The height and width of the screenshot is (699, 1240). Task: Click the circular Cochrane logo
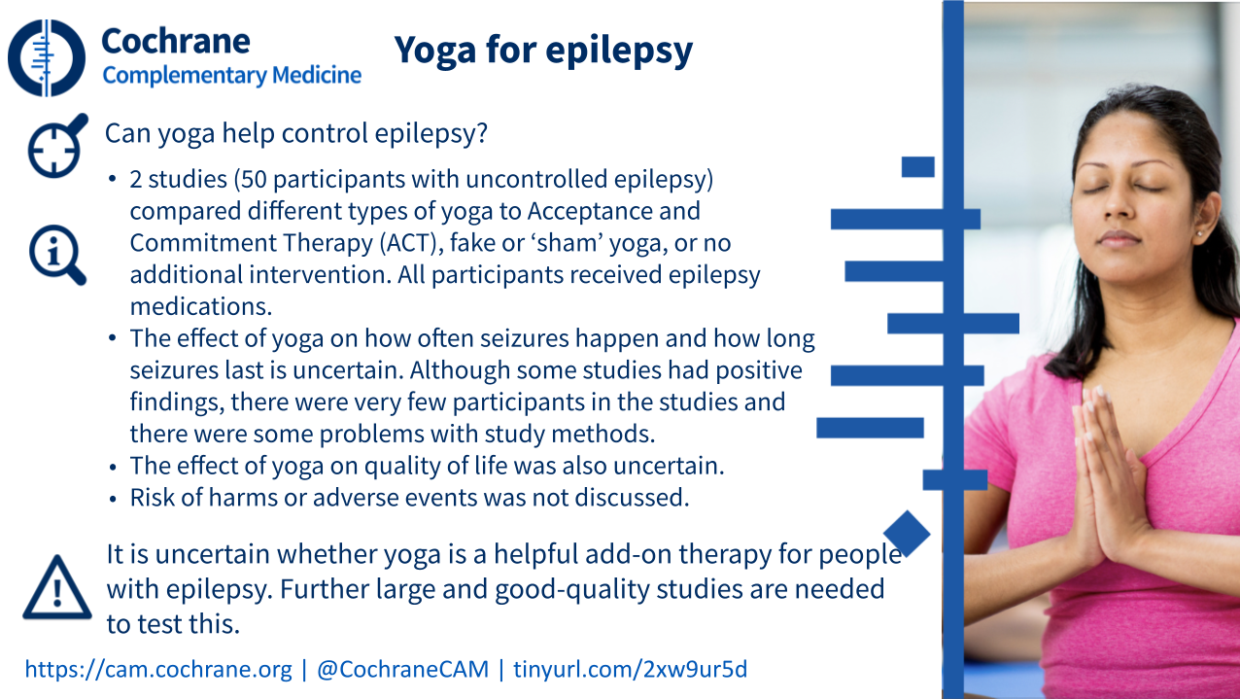(47, 57)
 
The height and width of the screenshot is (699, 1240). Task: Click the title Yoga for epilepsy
(543, 51)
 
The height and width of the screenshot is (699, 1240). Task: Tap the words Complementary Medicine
(232, 75)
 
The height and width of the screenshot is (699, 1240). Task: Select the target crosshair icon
(57, 146)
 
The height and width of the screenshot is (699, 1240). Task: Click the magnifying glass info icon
(57, 255)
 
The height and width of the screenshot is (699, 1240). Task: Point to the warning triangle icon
(57, 588)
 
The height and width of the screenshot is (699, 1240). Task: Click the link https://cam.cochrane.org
(158, 669)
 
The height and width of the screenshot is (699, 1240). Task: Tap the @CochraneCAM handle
(402, 669)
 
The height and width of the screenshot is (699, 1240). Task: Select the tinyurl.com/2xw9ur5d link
(630, 669)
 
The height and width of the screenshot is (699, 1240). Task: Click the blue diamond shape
(907, 534)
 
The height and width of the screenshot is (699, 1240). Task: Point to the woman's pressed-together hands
(1104, 476)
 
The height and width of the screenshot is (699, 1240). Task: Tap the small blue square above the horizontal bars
(917, 166)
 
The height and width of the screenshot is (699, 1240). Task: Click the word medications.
(201, 307)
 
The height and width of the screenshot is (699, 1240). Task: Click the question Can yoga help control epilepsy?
(296, 133)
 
